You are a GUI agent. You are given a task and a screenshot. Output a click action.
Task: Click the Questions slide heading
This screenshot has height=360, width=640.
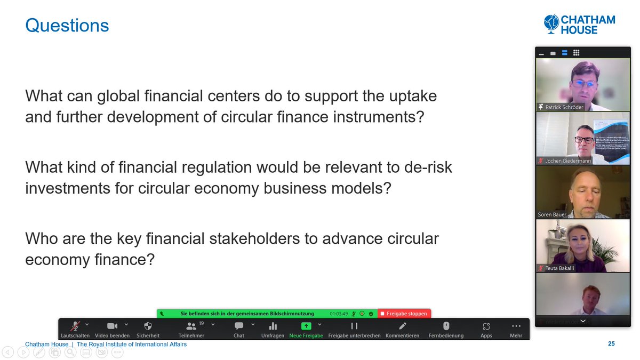(x=67, y=25)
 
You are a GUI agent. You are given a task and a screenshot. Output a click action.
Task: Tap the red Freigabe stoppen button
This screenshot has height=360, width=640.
(x=404, y=314)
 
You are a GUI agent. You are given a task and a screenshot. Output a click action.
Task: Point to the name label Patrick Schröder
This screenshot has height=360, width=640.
(x=564, y=107)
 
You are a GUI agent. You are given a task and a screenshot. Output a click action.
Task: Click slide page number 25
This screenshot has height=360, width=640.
(x=611, y=344)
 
